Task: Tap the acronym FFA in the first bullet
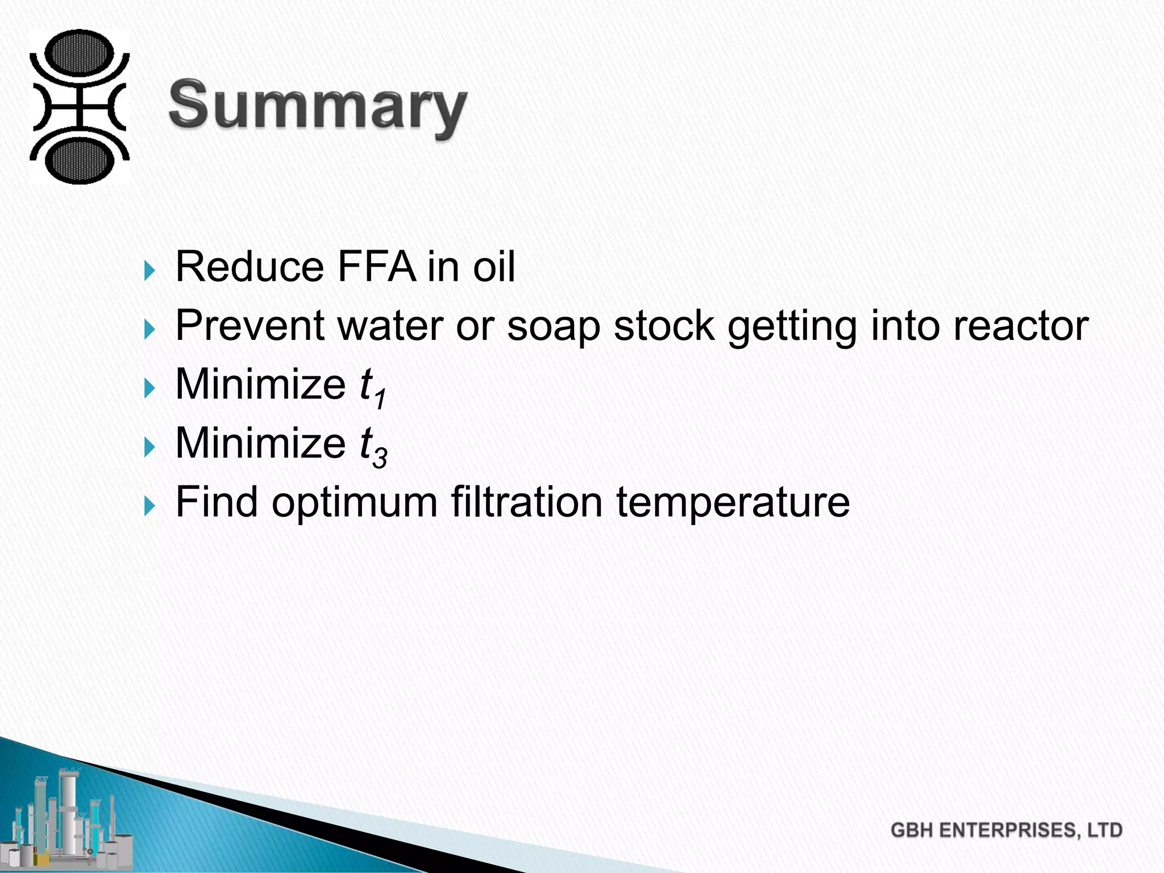point(376,267)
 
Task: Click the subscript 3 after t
point(380,457)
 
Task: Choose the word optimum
point(354,503)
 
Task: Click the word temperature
point(733,503)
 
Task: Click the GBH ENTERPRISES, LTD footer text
point(1006,830)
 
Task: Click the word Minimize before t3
point(260,443)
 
